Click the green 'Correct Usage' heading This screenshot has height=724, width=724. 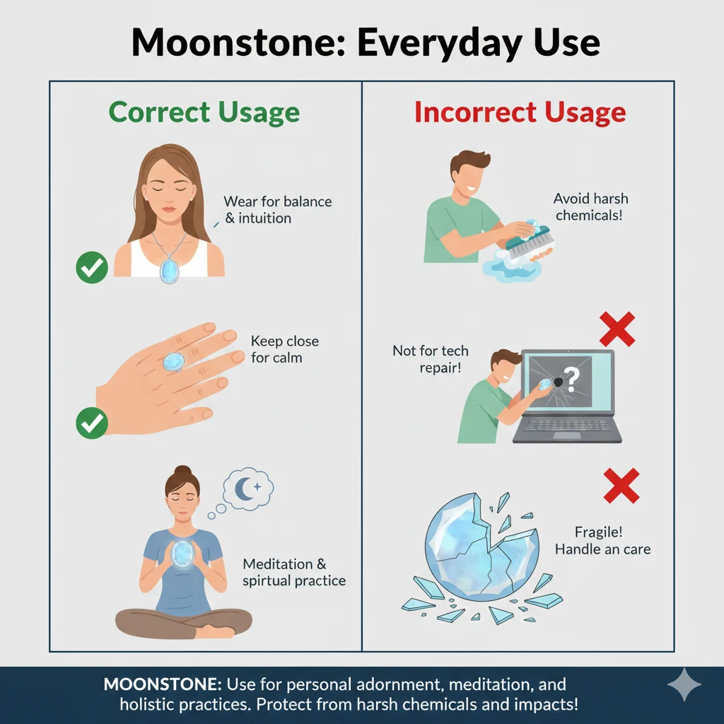204,113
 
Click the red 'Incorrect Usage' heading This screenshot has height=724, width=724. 520,113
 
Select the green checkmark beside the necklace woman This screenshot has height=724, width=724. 91,267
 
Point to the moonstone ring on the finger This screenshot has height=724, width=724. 173,363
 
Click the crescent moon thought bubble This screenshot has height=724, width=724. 247,487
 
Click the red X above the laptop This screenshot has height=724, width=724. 617,329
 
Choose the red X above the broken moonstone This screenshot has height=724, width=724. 621,486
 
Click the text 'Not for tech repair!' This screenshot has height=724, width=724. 430,359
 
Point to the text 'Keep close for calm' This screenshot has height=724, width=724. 284,349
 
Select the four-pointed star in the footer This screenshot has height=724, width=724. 684,685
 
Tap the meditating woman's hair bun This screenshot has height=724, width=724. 182,472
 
